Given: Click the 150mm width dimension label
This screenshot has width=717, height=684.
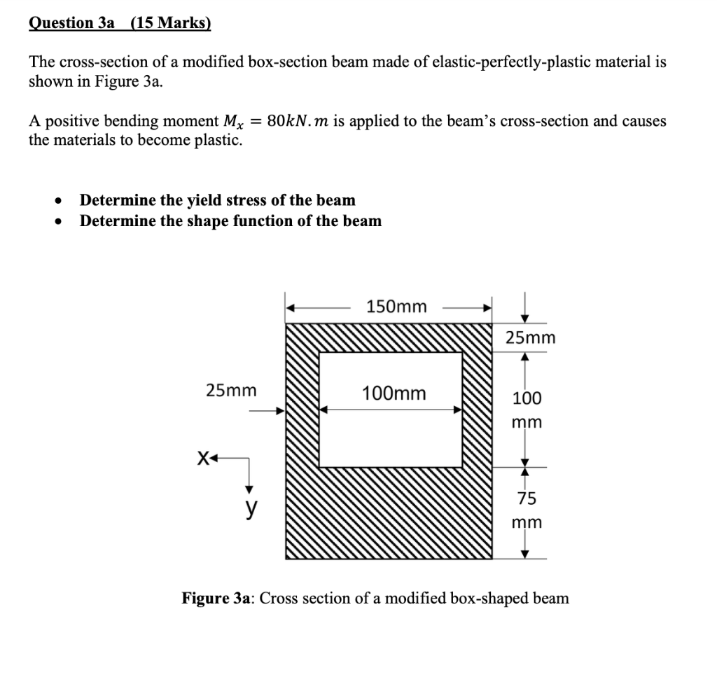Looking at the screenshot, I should coord(396,307).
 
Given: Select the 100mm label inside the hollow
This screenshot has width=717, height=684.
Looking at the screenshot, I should coord(394,393).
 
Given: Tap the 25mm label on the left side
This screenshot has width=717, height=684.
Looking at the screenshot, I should coord(231,390).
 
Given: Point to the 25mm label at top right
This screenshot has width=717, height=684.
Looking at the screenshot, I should coord(530,338).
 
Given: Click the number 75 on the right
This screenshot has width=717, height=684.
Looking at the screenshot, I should coord(527,498).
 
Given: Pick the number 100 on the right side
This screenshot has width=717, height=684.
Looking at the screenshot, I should coord(527,398).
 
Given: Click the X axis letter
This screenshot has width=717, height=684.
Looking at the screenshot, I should coord(203,459).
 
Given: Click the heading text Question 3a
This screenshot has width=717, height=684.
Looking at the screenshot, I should coord(71,23).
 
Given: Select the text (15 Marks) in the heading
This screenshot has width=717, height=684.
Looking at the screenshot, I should coord(166,23).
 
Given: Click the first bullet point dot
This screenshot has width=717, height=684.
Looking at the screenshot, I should coord(60,201).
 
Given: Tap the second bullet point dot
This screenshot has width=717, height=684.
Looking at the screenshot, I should coord(60,222).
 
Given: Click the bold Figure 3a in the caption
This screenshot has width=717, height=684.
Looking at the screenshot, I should coord(216,599).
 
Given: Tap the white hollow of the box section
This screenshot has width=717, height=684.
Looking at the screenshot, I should coord(391,434).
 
